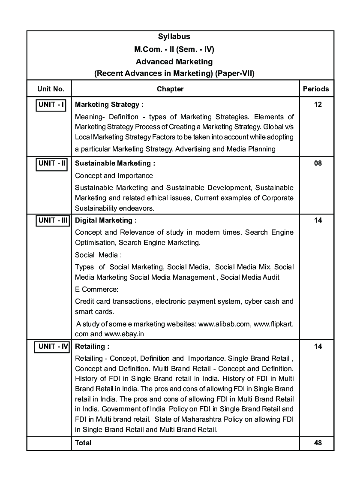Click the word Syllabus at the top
click(174, 37)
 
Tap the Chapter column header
click(170, 89)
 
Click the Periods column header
click(316, 89)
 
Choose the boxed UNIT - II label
click(52, 163)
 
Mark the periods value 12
click(318, 104)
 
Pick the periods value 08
click(318, 163)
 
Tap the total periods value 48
click(318, 443)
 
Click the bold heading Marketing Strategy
click(109, 104)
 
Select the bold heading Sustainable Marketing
click(115, 163)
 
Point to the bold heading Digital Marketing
click(106, 220)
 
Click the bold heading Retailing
click(92, 346)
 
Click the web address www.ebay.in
click(128, 334)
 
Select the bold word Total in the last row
click(83, 443)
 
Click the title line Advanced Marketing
click(174, 62)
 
